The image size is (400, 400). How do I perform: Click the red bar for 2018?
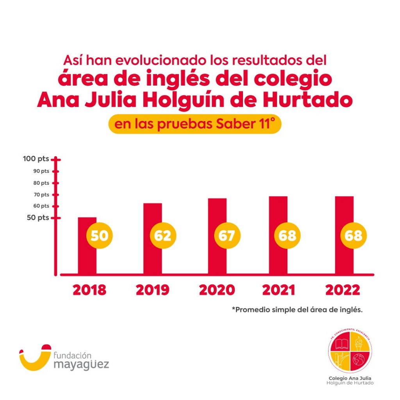[x=87, y=258]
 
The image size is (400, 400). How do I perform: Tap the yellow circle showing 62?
[x=163, y=236]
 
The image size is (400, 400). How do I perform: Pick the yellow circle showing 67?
[x=227, y=236]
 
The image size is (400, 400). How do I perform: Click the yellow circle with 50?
[x=99, y=236]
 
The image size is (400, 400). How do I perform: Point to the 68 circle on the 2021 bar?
[x=287, y=236]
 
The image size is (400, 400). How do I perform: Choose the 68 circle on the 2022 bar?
[x=354, y=236]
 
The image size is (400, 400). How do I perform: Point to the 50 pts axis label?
[x=38, y=218]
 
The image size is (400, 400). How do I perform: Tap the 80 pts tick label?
[x=41, y=183]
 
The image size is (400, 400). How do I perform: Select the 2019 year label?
[x=153, y=290]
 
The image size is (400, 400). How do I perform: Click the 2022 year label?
[x=343, y=290]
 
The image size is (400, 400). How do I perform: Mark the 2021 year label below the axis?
[x=279, y=290]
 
